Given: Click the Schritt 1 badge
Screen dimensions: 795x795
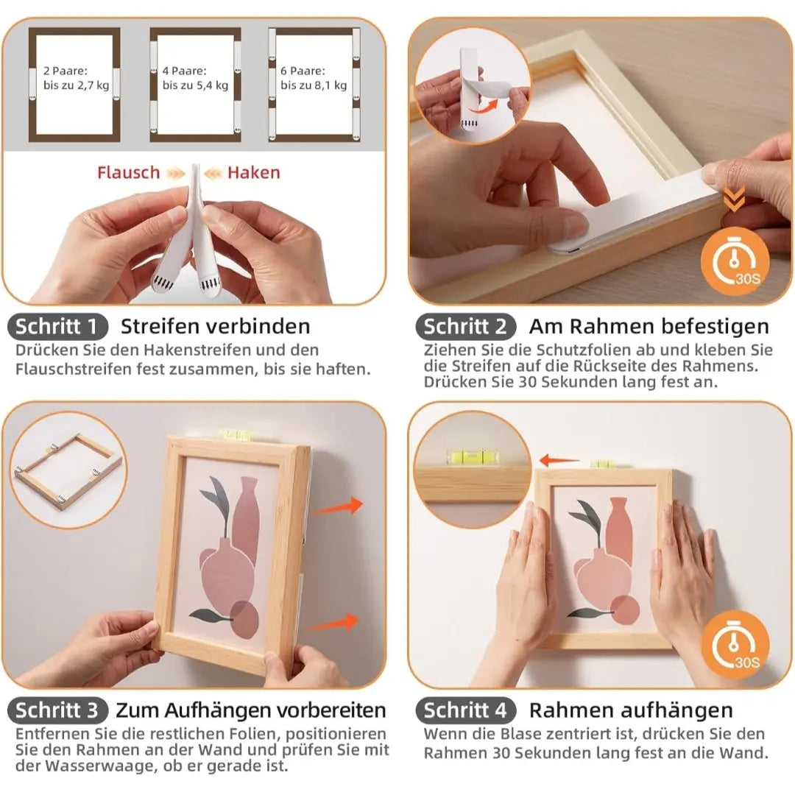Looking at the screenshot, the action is coord(57,327).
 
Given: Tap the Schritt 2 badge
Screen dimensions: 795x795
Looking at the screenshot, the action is coord(465,327).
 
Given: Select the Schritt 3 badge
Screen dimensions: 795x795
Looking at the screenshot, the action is coord(57,710).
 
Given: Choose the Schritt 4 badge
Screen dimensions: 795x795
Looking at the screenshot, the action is coord(465,710).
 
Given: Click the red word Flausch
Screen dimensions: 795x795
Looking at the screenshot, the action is coord(128,173).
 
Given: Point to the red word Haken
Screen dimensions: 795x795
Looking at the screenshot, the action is coord(253,173).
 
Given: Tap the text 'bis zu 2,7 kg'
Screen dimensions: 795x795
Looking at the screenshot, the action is coord(76,85).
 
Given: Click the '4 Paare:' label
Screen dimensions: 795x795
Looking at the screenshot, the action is coord(184,71).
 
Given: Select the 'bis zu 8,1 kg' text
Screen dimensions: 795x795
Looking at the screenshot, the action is coord(314,85).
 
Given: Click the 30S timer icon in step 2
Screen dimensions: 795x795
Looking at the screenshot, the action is coord(735,261).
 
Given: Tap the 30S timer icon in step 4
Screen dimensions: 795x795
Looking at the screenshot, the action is coord(735,646).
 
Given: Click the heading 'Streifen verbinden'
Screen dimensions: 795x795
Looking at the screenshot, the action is coord(215,327).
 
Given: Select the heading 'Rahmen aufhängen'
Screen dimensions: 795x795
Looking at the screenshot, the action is coord(631,711).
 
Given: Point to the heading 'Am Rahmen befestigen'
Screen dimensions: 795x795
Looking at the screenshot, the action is coord(649,327).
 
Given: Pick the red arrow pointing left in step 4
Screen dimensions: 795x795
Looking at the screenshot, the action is coord(559,460).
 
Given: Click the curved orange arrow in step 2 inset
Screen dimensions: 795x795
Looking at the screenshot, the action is coord(483,106).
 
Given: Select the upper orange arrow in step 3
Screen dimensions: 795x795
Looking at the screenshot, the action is coord(338,507).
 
